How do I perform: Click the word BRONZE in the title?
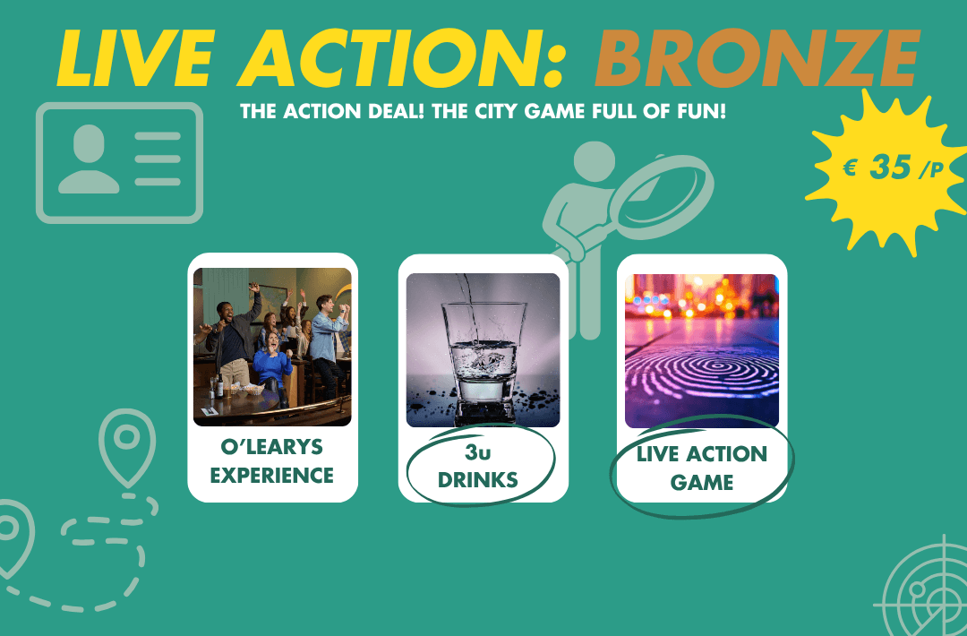(758, 58)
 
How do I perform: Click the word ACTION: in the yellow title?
(401, 58)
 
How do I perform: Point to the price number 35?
(891, 167)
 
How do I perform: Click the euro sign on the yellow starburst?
(851, 168)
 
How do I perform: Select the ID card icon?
(120, 163)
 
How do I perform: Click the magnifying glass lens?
(664, 196)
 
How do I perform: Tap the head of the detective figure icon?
(595, 161)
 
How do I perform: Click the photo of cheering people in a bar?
(272, 347)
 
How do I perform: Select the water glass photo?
(483, 349)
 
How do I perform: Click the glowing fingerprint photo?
(702, 351)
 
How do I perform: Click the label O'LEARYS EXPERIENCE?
(272, 460)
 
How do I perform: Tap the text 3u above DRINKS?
(478, 452)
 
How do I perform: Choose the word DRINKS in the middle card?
(478, 480)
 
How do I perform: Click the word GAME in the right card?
(702, 483)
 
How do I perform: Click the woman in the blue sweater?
(271, 367)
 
